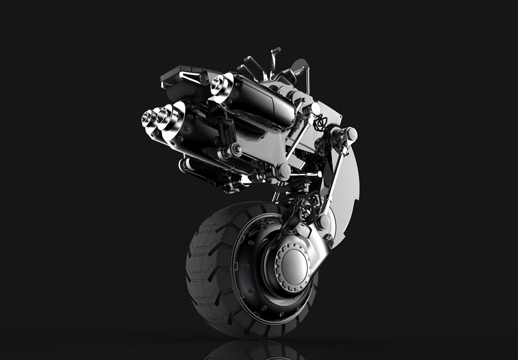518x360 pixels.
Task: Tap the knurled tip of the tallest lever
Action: [276, 50]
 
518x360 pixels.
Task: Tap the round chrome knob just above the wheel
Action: [324, 221]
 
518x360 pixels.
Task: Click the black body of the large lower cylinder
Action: [197, 133]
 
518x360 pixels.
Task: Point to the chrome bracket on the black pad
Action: [190, 76]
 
